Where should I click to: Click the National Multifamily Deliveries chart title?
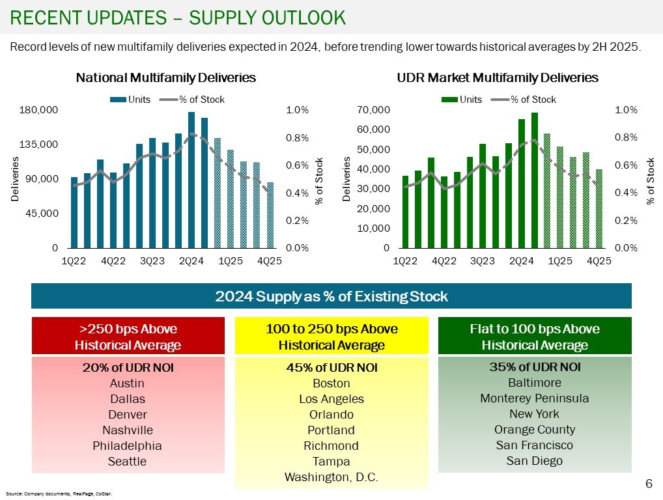pyautogui.click(x=165, y=77)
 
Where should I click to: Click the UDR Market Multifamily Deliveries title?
pyautogui.click(x=498, y=77)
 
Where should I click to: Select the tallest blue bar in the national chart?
pyautogui.click(x=191, y=180)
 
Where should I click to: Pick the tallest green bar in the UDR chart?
pyautogui.click(x=535, y=180)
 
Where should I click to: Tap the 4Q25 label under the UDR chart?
pyautogui.click(x=599, y=260)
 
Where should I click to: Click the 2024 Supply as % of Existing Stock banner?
pyautogui.click(x=331, y=297)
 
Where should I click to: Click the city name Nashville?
pyautogui.click(x=128, y=430)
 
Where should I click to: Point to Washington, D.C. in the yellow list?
pyautogui.click(x=331, y=477)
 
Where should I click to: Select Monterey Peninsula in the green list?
pyautogui.click(x=535, y=398)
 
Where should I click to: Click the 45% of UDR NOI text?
pyautogui.click(x=331, y=368)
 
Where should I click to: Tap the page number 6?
pyautogui.click(x=648, y=484)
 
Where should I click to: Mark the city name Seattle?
pyautogui.click(x=128, y=462)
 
